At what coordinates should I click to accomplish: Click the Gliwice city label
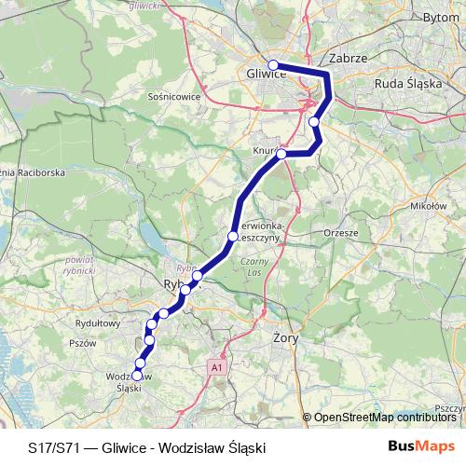point(267,74)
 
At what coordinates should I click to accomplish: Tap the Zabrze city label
point(350,58)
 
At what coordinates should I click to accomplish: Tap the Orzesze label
point(339,232)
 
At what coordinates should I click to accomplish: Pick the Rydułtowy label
point(98,324)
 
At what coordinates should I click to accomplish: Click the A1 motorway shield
point(217,367)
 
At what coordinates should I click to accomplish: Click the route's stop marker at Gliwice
point(273,65)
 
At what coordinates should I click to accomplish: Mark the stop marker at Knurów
point(281,154)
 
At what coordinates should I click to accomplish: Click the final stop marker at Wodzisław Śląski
point(137,376)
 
